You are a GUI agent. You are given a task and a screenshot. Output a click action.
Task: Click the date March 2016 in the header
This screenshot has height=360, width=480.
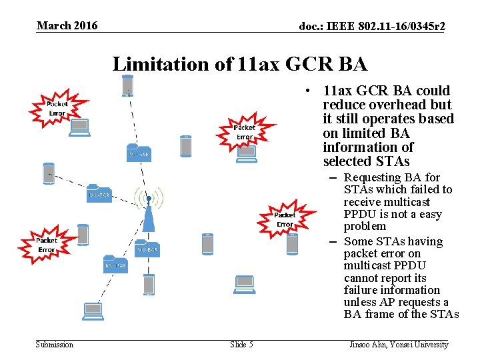[67, 26]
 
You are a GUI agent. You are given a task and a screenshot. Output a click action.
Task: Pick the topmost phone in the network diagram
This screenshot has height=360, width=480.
[127, 85]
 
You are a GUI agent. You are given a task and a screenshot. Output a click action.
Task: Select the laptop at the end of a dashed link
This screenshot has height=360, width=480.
[93, 311]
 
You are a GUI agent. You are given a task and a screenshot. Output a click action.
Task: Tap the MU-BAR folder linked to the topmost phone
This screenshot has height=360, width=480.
[139, 153]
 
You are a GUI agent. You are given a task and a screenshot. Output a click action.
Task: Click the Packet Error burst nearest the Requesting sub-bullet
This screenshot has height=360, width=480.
[285, 219]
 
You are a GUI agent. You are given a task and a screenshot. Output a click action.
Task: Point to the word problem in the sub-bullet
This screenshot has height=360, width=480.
[365, 226]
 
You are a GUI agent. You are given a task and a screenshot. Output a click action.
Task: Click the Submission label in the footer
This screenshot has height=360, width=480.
[55, 345]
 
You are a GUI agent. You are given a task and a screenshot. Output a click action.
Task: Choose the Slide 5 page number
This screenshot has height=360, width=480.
[241, 345]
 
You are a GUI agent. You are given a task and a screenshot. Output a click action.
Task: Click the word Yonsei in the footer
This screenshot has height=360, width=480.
[409, 345]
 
